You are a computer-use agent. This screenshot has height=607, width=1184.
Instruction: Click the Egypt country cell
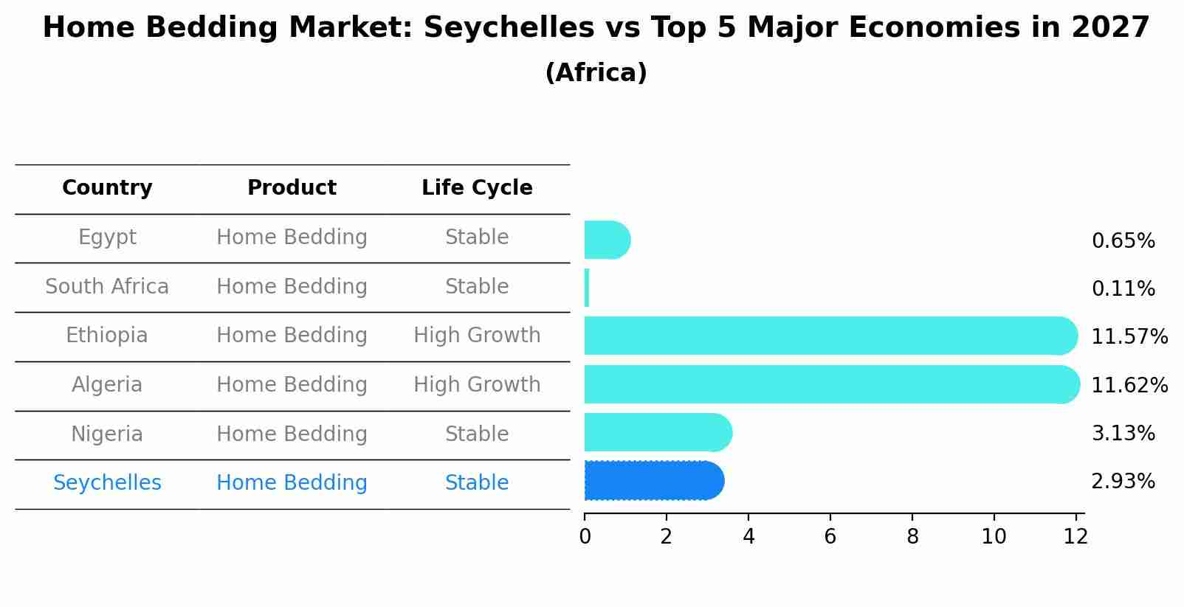tap(107, 237)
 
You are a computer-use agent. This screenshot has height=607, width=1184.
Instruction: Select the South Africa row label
tap(107, 287)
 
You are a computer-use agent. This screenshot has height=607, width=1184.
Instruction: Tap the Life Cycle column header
tap(477, 188)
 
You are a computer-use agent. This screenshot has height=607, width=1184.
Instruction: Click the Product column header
tap(292, 188)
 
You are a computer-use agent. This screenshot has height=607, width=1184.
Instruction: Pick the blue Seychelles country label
tap(107, 483)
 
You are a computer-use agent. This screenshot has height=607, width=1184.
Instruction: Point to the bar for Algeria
tap(830, 384)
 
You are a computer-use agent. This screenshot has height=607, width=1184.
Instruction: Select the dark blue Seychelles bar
tap(653, 481)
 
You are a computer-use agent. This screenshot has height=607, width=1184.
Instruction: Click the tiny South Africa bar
tap(587, 288)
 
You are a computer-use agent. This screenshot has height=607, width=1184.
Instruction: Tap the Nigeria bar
tap(657, 432)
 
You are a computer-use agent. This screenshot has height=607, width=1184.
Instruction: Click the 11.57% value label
tap(1129, 337)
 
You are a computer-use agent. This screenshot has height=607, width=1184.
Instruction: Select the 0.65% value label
tap(1123, 241)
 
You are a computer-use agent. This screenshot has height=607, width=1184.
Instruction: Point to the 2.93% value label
tap(1123, 482)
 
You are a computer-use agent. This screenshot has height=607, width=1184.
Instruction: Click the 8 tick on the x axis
tap(912, 537)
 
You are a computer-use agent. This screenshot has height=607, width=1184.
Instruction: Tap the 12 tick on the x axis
tap(1075, 537)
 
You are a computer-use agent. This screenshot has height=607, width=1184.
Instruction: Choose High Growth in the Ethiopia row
tap(477, 336)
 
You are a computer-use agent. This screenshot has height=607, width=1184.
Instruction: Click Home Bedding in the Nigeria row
tap(292, 434)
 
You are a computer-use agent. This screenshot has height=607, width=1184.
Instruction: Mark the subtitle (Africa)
tap(596, 73)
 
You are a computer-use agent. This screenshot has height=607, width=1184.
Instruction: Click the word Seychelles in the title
tap(509, 28)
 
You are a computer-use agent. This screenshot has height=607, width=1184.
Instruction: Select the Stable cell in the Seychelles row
tap(477, 483)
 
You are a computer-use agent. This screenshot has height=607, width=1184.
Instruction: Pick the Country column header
tap(107, 188)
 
